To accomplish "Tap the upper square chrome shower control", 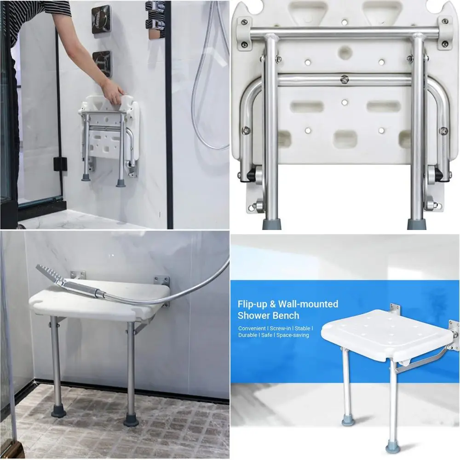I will (101, 18).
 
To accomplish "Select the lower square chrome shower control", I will (101, 63).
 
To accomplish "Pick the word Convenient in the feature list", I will (252, 328).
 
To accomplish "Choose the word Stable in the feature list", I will (301, 328).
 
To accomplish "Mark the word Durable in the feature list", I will (248, 335).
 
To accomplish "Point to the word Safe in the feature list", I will (268, 335).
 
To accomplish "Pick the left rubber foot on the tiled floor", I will (58, 410).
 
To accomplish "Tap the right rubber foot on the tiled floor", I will (131, 420).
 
